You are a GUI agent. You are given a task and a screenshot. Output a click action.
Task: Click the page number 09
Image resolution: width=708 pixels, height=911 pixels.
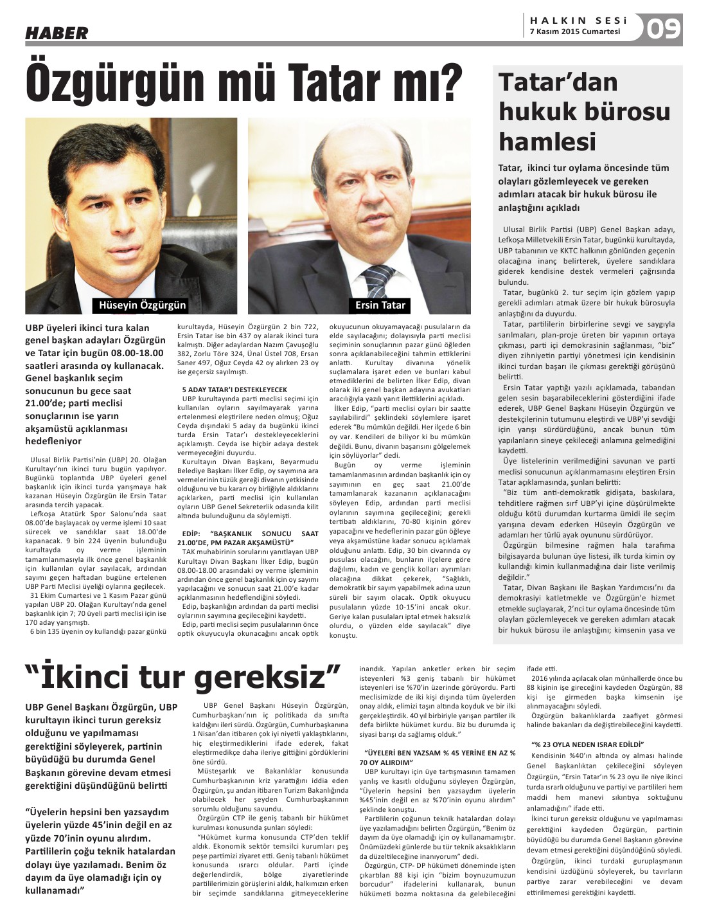(x=664, y=28)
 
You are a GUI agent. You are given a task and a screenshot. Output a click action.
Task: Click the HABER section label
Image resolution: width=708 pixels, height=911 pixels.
(x=57, y=33)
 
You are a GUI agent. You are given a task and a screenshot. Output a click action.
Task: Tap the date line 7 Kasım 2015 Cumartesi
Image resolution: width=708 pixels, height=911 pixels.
(x=575, y=32)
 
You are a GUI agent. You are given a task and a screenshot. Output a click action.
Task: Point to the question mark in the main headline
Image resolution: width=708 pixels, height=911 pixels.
(x=450, y=82)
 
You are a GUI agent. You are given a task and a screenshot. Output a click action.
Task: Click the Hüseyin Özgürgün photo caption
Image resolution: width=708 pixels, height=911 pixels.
(x=142, y=305)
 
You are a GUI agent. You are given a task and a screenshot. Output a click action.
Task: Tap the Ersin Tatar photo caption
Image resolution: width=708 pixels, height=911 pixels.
(x=380, y=305)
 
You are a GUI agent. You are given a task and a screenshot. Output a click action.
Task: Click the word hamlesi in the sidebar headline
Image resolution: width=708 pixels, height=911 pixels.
(x=547, y=141)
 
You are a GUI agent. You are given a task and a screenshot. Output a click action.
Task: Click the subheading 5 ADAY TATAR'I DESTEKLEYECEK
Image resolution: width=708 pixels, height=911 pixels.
(x=235, y=390)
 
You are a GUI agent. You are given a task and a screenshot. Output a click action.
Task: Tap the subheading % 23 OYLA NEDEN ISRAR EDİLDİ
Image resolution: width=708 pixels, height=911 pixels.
(x=588, y=744)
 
